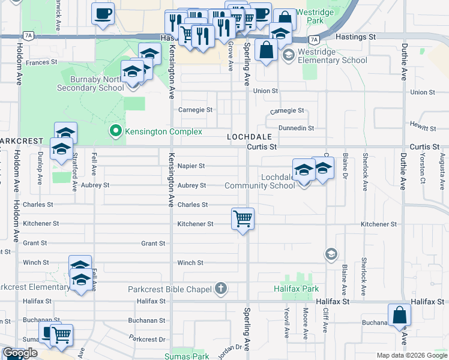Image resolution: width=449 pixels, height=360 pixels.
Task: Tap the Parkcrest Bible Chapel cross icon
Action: pos(221,289)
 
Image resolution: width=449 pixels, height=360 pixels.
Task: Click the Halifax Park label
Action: pos(301,289)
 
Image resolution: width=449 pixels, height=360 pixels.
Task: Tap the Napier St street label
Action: pos(191,166)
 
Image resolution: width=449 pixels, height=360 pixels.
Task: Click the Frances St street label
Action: pos(41,62)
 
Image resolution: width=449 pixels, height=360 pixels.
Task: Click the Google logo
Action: pos(20,353)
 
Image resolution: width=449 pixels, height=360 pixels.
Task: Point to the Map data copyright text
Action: pos(411,355)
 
